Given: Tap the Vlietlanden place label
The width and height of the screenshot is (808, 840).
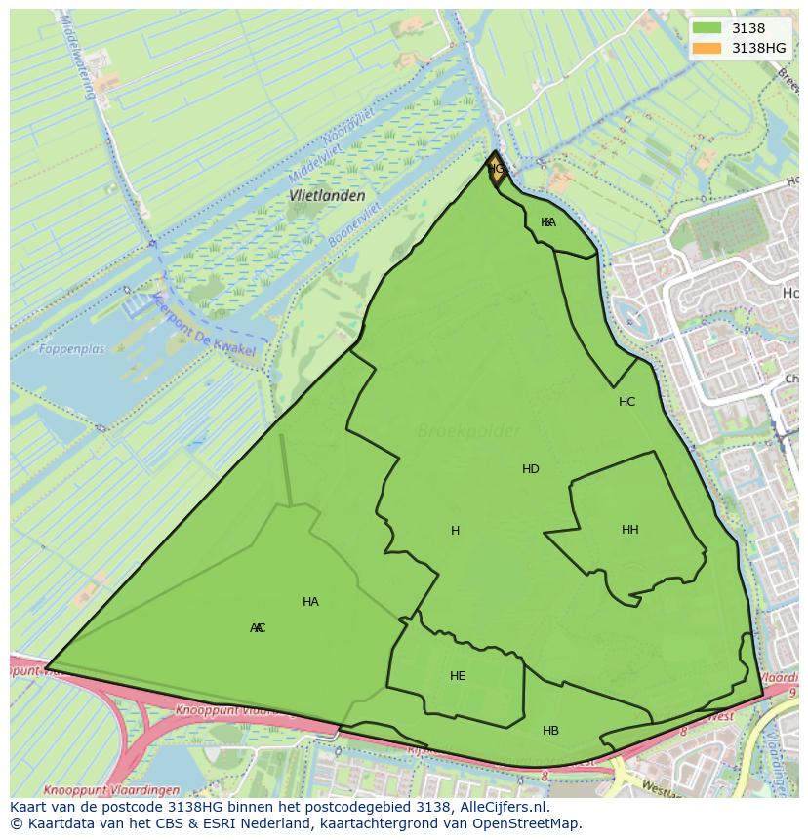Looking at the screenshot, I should (327, 195).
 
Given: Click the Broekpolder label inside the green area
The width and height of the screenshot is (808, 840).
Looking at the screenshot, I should (468, 430).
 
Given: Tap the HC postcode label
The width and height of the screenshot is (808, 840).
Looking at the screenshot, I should (626, 401).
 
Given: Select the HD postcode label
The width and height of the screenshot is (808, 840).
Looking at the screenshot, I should (530, 469).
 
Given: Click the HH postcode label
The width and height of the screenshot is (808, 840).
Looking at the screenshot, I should (629, 530).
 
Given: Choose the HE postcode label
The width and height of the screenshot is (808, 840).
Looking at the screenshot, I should (458, 675).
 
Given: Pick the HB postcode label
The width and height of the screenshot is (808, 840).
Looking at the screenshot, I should (550, 730).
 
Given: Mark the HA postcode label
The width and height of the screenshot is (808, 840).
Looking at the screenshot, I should (310, 602).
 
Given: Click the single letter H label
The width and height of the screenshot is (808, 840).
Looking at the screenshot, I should (455, 531).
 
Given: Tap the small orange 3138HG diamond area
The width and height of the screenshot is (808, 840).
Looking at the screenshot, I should (496, 169).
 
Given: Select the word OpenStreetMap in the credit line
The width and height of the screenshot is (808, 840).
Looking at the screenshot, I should (527, 823).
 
